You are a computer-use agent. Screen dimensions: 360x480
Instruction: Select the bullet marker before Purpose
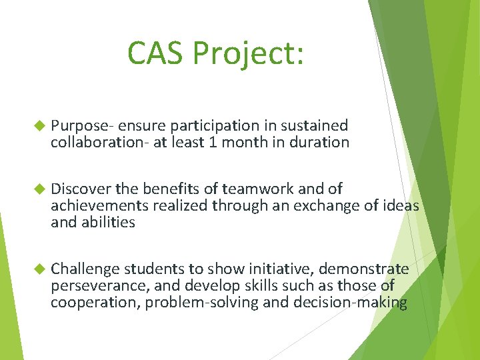point(37,125)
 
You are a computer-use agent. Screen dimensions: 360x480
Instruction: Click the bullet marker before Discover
point(37,189)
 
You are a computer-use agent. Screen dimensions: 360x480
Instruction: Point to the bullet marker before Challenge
point(37,269)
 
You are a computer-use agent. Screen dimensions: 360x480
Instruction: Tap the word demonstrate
point(364,269)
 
